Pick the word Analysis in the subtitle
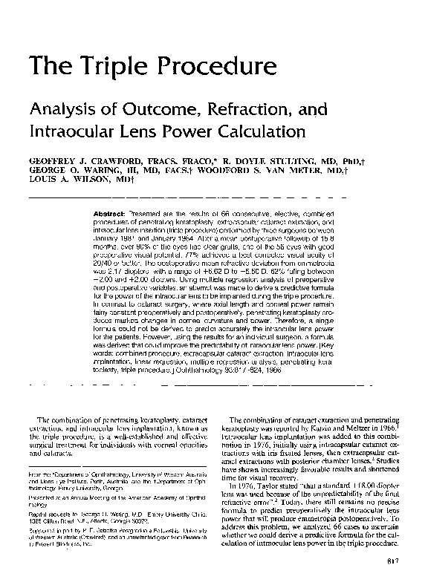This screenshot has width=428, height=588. (58, 111)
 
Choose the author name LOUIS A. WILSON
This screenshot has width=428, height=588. (68, 180)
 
